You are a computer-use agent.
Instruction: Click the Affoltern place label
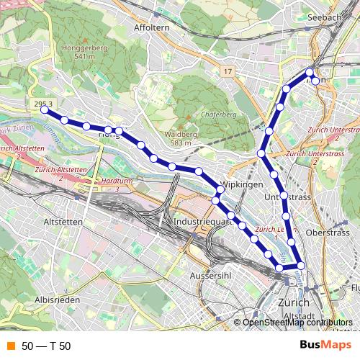click(151, 27)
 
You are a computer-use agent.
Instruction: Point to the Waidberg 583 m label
click(181, 138)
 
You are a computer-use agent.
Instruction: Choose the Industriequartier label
click(200, 222)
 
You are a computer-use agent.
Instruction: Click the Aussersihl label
click(209, 276)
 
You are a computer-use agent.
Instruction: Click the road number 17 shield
click(228, 71)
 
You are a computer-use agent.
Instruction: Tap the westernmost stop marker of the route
click(45, 110)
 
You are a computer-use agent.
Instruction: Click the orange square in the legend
click(11, 346)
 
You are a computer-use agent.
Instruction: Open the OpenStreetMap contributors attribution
click(297, 323)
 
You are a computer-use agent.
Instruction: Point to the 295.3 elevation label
click(43, 104)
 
